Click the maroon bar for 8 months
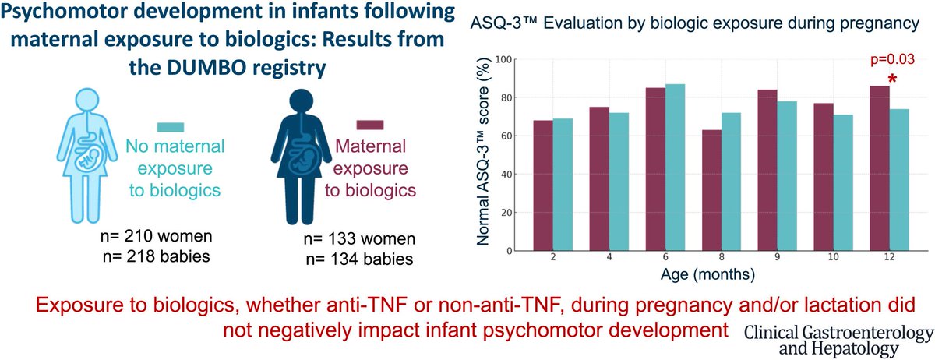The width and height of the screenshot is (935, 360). click(711, 190)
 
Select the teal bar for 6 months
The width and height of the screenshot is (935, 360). click(675, 167)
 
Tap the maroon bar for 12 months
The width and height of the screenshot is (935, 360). click(880, 168)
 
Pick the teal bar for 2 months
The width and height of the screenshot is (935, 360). click(563, 185)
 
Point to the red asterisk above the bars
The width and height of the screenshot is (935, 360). click(892, 79)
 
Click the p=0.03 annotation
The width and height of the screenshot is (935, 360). click(892, 59)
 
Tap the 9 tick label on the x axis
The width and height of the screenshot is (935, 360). click(778, 257)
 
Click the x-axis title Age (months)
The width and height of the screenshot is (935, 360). click(708, 274)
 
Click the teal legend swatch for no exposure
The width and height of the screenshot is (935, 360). click(171, 127)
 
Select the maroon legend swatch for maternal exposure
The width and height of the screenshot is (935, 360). click(370, 125)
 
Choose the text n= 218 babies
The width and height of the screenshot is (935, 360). click(156, 256)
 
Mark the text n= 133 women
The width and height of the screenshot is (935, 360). click(359, 239)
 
